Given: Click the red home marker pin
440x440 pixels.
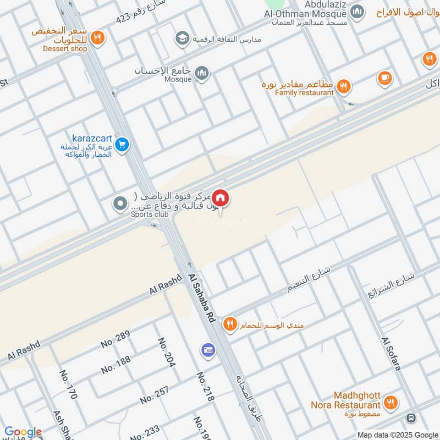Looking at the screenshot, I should click(221, 197).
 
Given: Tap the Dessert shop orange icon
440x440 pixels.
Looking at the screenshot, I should click(97, 37).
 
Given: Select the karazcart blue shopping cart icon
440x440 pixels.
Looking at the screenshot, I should click(122, 145).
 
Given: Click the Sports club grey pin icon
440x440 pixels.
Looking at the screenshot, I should click(120, 205).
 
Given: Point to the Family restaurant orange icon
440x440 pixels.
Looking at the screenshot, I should click(343, 85).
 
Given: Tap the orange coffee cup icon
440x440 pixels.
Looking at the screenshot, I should click(385, 78).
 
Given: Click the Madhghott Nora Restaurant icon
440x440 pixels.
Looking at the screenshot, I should click(391, 403).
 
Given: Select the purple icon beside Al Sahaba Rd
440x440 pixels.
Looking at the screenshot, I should click(208, 349).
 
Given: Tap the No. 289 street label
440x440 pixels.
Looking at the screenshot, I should click(115, 339).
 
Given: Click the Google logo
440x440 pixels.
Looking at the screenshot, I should click(23, 432).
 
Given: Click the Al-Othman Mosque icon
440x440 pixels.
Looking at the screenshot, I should click(358, 11).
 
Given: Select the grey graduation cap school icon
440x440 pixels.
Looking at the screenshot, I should click(181, 38).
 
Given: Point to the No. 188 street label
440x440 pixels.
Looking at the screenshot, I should click(116, 364).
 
